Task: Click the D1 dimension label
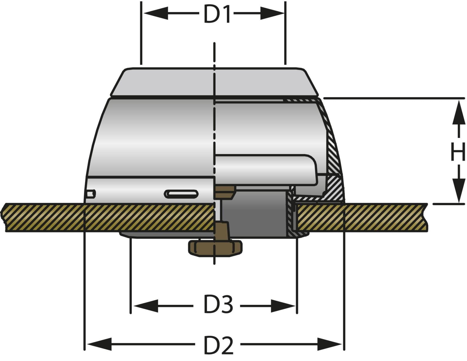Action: [x=217, y=14]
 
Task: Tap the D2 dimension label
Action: [x=218, y=345]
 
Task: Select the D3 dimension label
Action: [x=218, y=305]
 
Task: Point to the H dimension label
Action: [x=458, y=152]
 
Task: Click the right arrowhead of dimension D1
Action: [x=272, y=13]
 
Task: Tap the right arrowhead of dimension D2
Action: [x=329, y=344]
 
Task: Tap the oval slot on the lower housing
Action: [x=181, y=194]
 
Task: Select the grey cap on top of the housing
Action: [x=214, y=82]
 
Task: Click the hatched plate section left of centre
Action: [x=107, y=217]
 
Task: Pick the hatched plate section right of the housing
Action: [x=361, y=217]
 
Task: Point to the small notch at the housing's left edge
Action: [x=91, y=194]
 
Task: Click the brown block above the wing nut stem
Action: [x=224, y=192]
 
